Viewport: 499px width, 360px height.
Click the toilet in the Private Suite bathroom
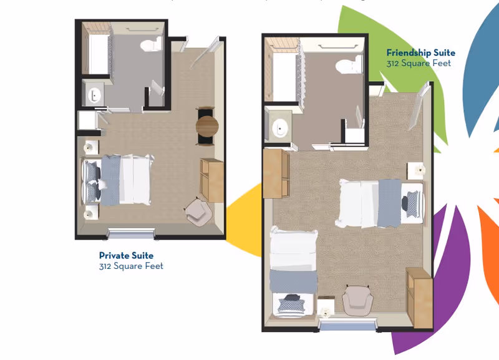click(150, 44)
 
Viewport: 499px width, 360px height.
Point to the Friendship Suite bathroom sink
click(279, 128)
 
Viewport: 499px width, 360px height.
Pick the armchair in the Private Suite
click(198, 212)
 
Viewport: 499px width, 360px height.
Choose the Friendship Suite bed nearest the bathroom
click(379, 203)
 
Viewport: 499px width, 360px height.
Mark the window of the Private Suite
click(130, 234)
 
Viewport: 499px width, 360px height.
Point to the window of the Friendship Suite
click(348, 324)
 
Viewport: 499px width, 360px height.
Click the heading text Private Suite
click(126, 255)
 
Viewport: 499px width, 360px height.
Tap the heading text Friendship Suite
click(420, 53)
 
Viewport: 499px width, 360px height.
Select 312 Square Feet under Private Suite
click(131, 266)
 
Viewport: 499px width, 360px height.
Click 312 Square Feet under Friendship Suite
click(418, 63)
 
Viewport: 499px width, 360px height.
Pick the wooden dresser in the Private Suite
click(212, 180)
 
